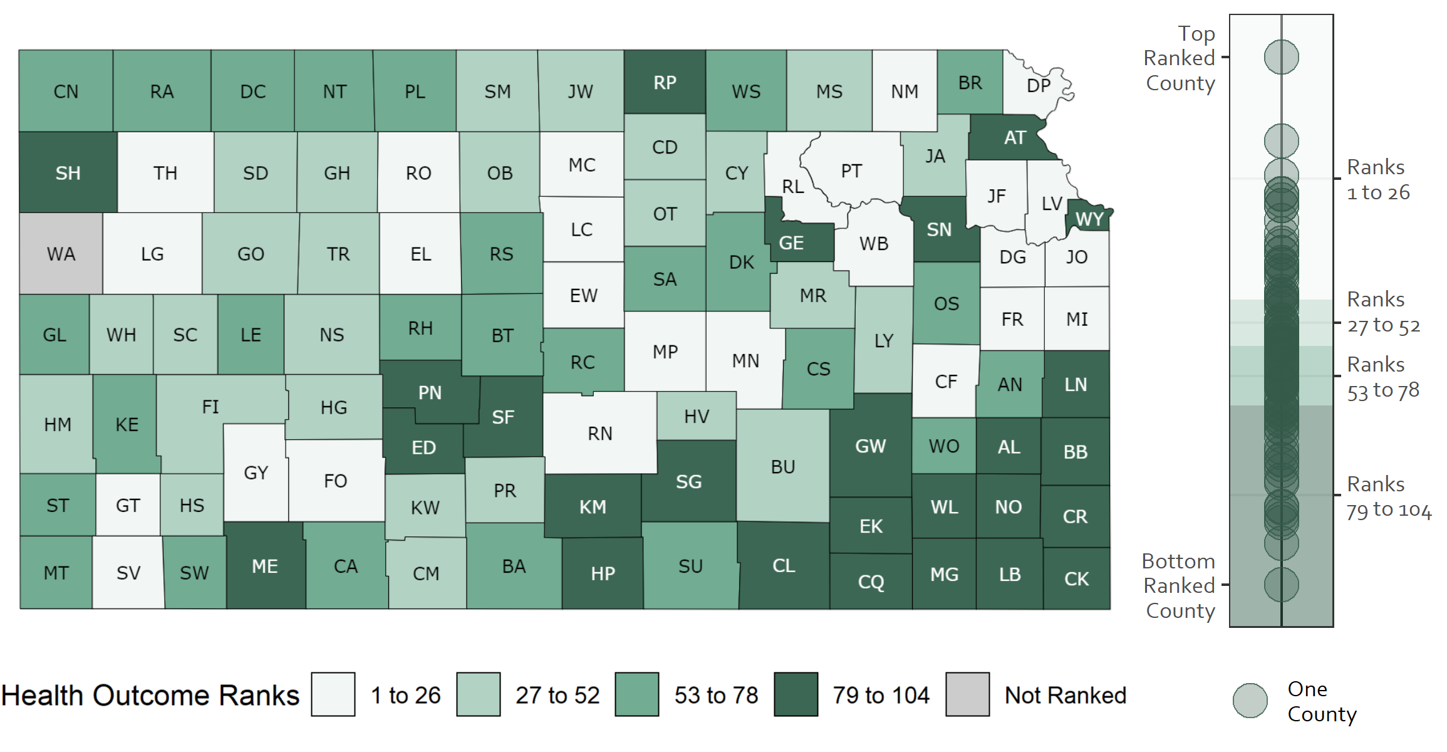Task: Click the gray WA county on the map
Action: coord(61,254)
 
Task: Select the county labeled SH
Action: coord(68,173)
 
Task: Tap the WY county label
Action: coord(1089,219)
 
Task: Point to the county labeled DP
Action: coord(1038,86)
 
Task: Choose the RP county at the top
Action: coord(665,83)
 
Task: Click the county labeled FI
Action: coord(210,407)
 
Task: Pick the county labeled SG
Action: coord(688,482)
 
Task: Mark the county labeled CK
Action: coord(1076,579)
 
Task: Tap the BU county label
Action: coord(782,467)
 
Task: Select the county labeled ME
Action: coord(264,567)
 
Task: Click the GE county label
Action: coord(791,243)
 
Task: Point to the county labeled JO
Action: coord(1076,257)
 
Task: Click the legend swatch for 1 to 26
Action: coord(333,694)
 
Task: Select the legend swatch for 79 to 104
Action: coord(796,694)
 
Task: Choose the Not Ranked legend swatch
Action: coord(967,694)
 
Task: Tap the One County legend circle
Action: coord(1250,701)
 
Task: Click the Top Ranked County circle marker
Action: coord(1281,57)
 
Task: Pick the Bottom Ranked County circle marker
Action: coord(1281,585)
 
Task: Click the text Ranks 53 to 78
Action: coord(1382,377)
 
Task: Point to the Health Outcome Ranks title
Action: coord(150,696)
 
